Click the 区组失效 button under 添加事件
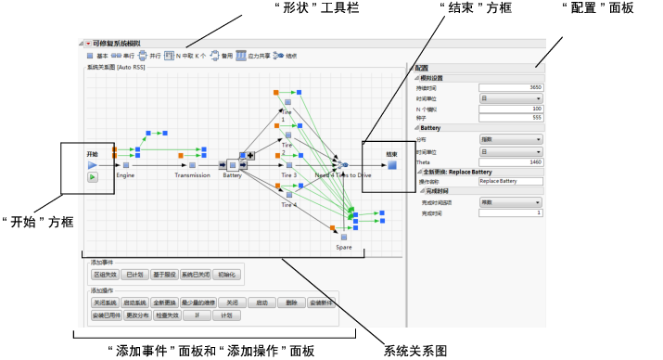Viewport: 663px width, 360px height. [x=105, y=275]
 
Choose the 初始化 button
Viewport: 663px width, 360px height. [x=227, y=275]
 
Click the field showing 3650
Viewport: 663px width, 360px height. [x=511, y=87]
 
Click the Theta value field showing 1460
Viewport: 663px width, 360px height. [x=511, y=161]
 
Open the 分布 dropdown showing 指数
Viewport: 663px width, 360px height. [x=511, y=139]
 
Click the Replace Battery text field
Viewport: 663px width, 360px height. [x=511, y=180]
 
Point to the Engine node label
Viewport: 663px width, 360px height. [x=126, y=174]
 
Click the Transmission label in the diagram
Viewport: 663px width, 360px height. [x=192, y=174]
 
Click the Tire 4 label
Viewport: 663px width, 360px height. [x=289, y=203]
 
